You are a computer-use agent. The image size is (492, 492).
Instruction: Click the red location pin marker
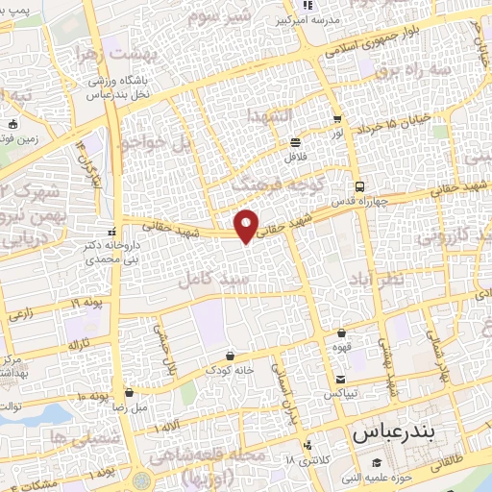(x=248, y=225)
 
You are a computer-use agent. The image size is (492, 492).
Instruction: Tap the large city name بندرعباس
(x=394, y=433)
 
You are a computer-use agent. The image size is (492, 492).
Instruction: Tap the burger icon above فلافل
(x=295, y=142)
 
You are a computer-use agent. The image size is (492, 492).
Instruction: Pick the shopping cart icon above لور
(x=336, y=120)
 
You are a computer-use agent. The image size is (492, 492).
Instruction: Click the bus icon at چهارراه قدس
(x=358, y=186)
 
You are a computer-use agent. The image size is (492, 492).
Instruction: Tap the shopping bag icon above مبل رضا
(x=130, y=392)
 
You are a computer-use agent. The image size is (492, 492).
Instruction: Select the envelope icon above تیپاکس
(x=341, y=378)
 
